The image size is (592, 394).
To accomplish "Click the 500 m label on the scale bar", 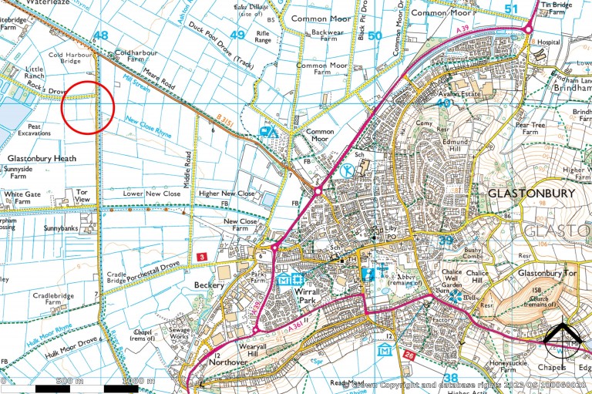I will (x=69, y=382).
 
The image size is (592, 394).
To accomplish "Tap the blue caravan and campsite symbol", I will (x=269, y=131).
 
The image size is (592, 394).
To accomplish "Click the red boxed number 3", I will (x=201, y=255).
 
